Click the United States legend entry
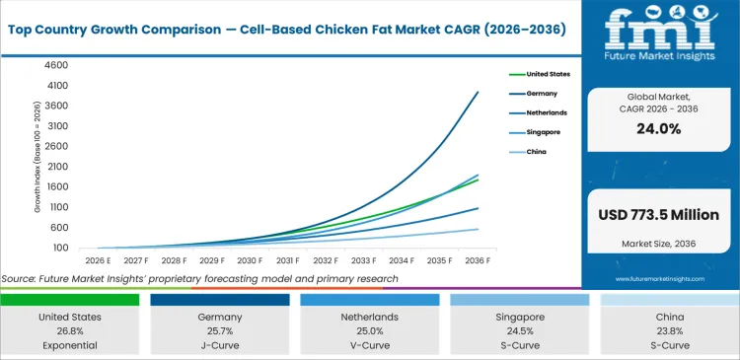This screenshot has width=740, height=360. [548, 74]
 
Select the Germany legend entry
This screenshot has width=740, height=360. [542, 93]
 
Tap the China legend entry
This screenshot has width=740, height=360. [538, 151]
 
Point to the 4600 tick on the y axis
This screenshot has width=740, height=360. [54, 65]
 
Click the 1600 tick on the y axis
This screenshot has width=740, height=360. [54, 187]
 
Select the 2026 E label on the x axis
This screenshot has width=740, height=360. [97, 261]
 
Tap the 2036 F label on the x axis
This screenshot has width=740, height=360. [479, 261]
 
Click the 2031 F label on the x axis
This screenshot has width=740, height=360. [288, 261]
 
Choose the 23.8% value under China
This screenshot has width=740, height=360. [667, 331]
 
